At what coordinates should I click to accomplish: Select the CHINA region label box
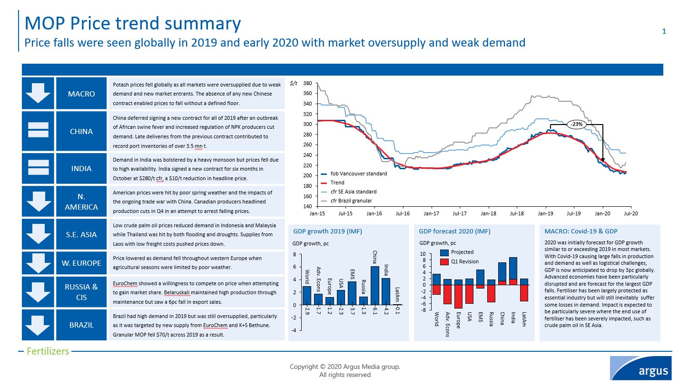[81, 131]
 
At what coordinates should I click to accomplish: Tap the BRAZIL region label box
[81, 325]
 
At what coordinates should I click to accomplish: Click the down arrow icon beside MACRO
[38, 93]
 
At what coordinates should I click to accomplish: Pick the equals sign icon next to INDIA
[38, 169]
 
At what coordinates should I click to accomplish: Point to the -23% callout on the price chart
[577, 125]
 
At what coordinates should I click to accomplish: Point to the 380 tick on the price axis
[307, 84]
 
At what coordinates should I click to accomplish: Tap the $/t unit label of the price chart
[294, 84]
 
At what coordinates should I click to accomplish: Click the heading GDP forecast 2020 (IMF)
[454, 232]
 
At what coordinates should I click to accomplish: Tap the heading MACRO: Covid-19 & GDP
[581, 232]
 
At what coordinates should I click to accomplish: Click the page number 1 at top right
[664, 31]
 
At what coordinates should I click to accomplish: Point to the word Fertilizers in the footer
[48, 352]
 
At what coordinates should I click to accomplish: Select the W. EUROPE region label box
[81, 263]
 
